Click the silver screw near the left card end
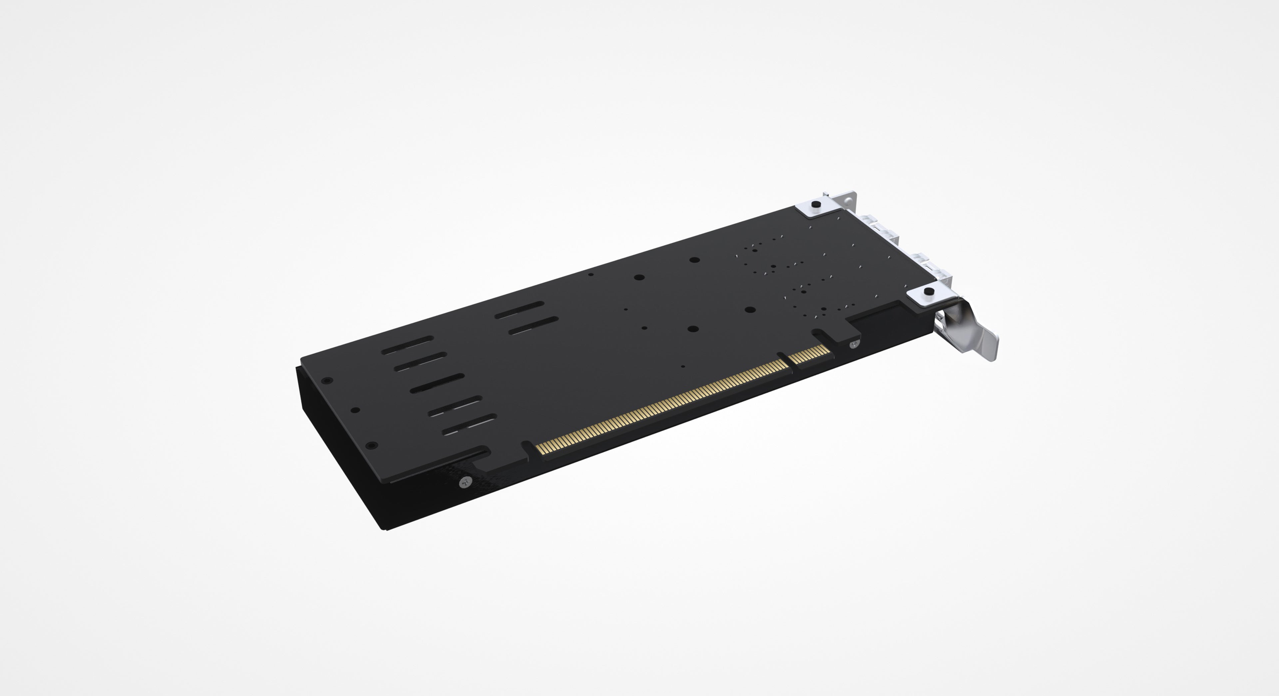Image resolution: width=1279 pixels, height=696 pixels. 465,481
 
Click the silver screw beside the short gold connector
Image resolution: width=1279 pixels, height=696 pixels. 853,343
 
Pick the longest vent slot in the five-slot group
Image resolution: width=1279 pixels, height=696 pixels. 437,383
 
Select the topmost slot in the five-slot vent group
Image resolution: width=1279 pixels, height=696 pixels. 407,345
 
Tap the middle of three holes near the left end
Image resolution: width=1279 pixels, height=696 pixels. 355,410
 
